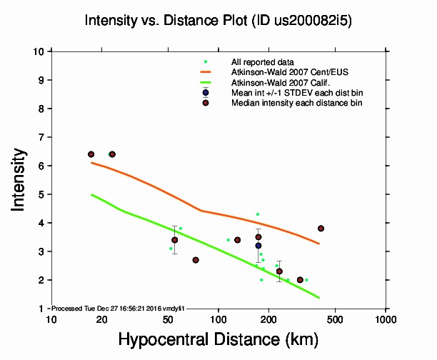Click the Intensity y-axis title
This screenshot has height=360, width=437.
point(21,179)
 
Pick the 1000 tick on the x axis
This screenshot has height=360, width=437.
point(386,318)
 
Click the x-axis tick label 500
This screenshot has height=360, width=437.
point(335,318)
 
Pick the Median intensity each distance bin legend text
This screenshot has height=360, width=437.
point(296,103)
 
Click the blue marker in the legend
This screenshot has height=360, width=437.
point(206,93)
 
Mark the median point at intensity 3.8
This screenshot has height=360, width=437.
point(321,229)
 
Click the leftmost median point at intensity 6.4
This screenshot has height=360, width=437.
point(91,154)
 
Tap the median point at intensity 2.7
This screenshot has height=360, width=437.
point(196,260)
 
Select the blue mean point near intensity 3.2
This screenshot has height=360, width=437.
point(258,246)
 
